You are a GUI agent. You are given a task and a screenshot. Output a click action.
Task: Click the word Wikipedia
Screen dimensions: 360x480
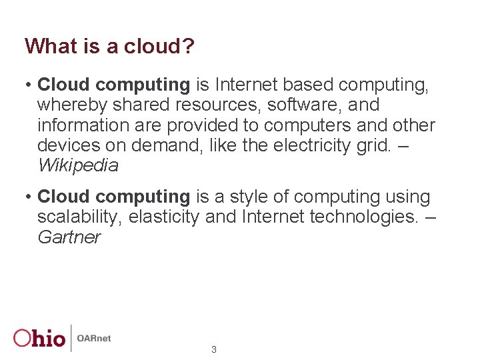[x=77, y=165]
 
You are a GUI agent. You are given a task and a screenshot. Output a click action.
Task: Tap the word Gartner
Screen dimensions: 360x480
[x=69, y=237]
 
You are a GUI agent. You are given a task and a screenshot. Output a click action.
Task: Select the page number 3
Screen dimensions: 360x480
[x=213, y=349]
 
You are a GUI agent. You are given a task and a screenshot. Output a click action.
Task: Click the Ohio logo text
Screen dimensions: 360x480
[x=40, y=338]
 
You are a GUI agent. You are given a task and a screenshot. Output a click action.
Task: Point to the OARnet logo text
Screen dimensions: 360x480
[x=94, y=338]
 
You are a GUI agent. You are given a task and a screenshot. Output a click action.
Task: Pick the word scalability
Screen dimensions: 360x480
[x=79, y=217]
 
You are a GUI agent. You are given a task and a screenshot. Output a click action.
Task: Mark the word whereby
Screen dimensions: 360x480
[x=70, y=105]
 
